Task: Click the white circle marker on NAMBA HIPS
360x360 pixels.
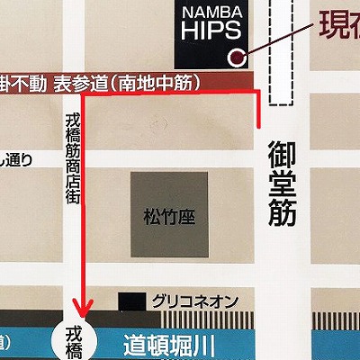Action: [x=237, y=58]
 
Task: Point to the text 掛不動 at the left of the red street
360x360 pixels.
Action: [x=23, y=82]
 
